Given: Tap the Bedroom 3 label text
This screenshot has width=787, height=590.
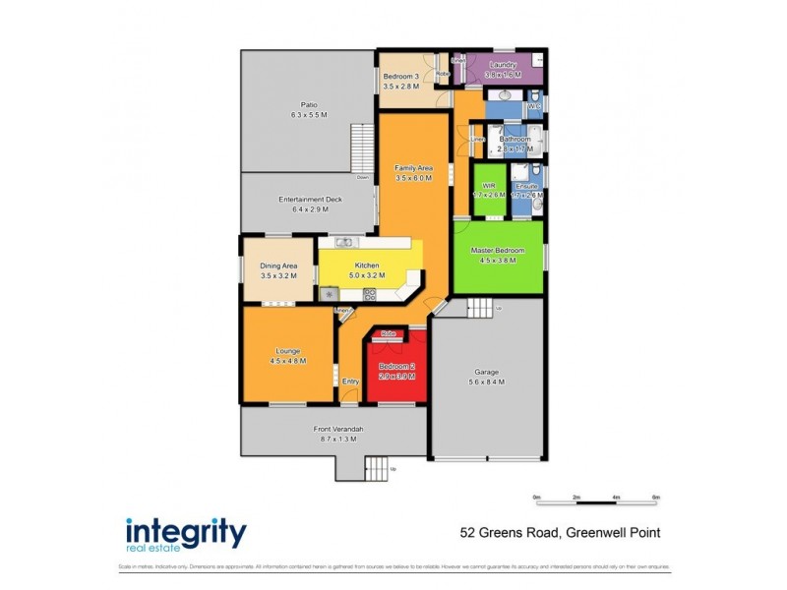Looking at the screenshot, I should (400, 76).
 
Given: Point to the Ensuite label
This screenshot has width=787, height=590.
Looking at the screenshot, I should (526, 185).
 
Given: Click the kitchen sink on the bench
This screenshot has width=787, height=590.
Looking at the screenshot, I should (343, 242).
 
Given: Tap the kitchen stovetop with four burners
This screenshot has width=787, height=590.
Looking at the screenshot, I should (370, 294).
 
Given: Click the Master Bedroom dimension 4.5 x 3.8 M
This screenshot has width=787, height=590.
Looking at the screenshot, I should (498, 261).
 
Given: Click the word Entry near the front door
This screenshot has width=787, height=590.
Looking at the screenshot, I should (350, 382).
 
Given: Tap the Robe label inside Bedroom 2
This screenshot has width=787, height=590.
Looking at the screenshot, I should (388, 334).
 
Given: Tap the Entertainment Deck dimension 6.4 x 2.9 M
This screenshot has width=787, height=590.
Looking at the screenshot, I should (310, 209).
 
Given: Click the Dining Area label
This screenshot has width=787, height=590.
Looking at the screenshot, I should (278, 265).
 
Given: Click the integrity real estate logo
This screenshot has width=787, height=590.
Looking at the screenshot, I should (186, 534).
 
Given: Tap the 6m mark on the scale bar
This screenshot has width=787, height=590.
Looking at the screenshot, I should (655, 499).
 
